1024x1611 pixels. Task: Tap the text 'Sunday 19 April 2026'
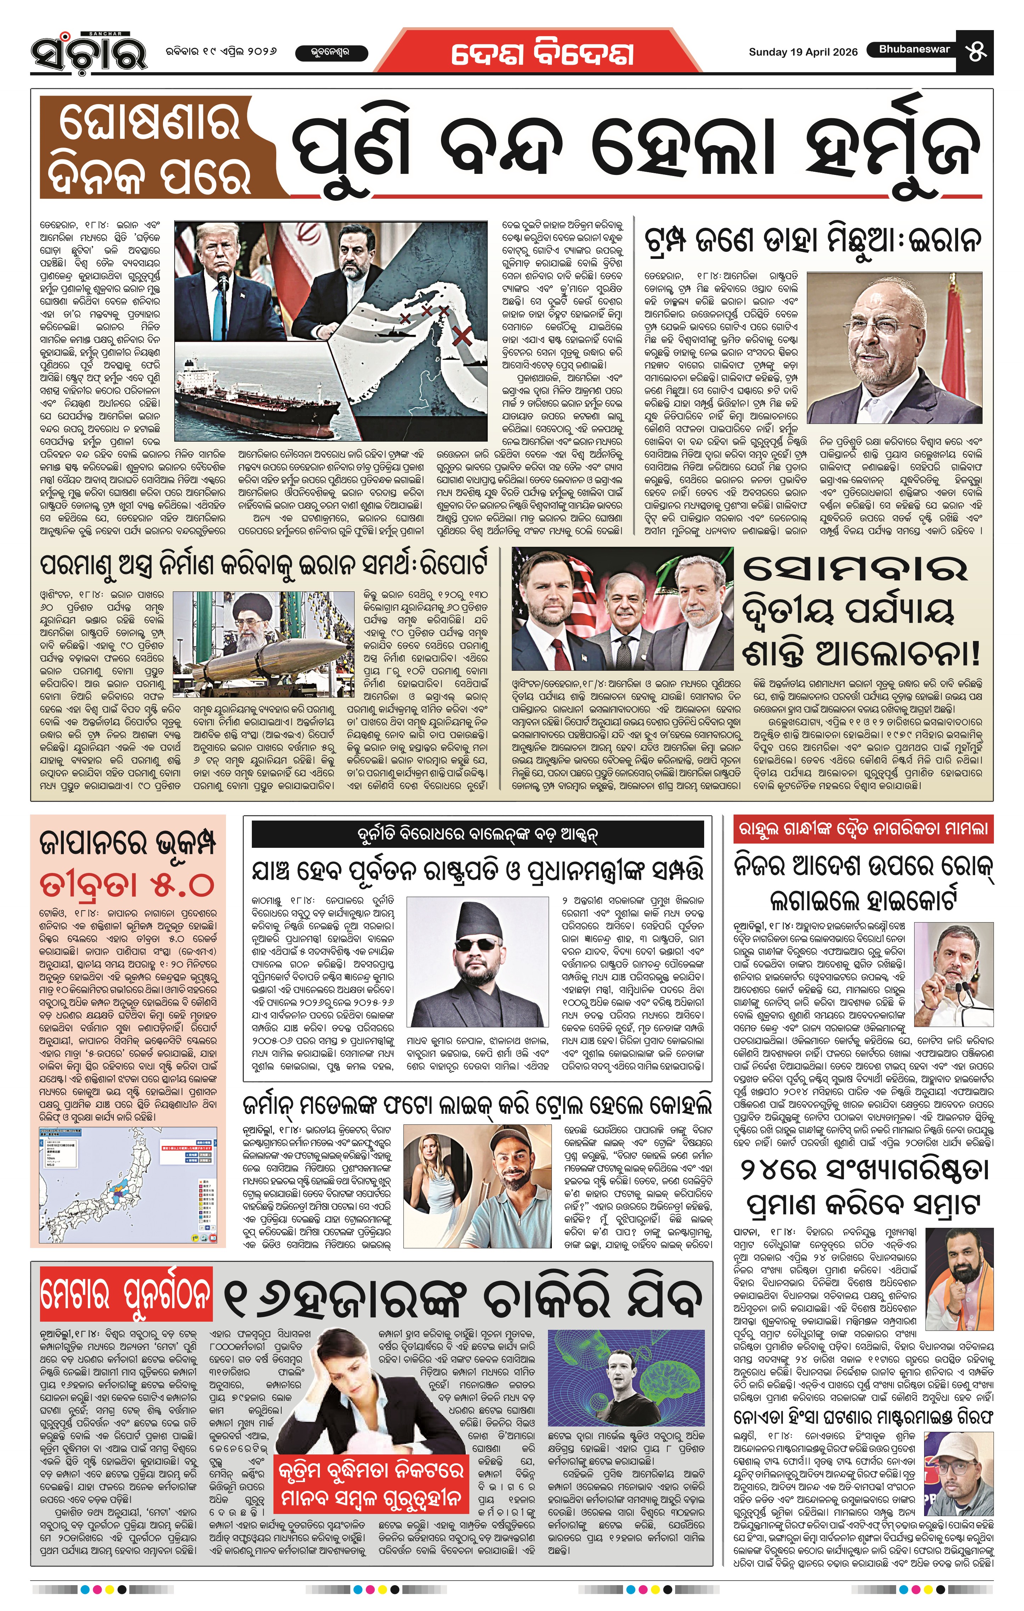click(803, 52)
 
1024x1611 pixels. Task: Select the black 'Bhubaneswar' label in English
click(914, 50)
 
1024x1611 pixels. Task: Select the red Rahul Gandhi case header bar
click(863, 830)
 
